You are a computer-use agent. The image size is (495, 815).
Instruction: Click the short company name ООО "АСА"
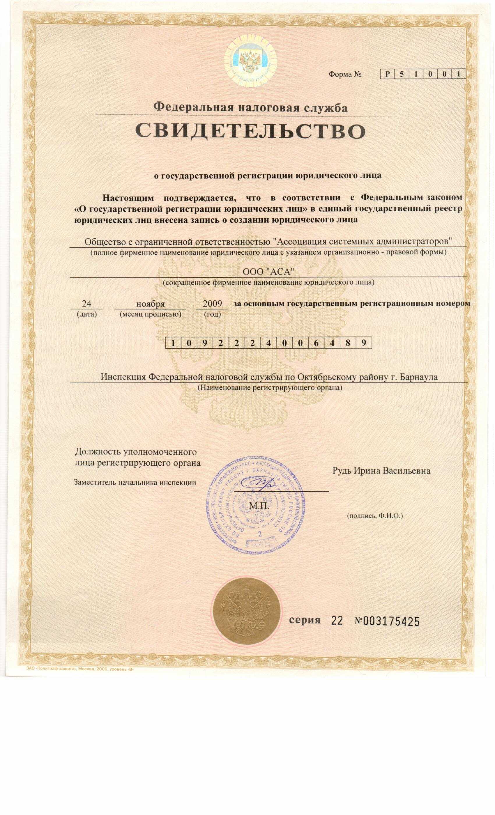[x=268, y=271]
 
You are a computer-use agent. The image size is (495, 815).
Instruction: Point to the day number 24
[x=86, y=303]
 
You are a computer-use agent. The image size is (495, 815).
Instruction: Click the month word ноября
[x=151, y=304]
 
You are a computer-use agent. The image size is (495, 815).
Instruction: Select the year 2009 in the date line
[x=212, y=303]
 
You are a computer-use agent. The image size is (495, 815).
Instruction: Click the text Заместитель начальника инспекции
[x=135, y=483]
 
